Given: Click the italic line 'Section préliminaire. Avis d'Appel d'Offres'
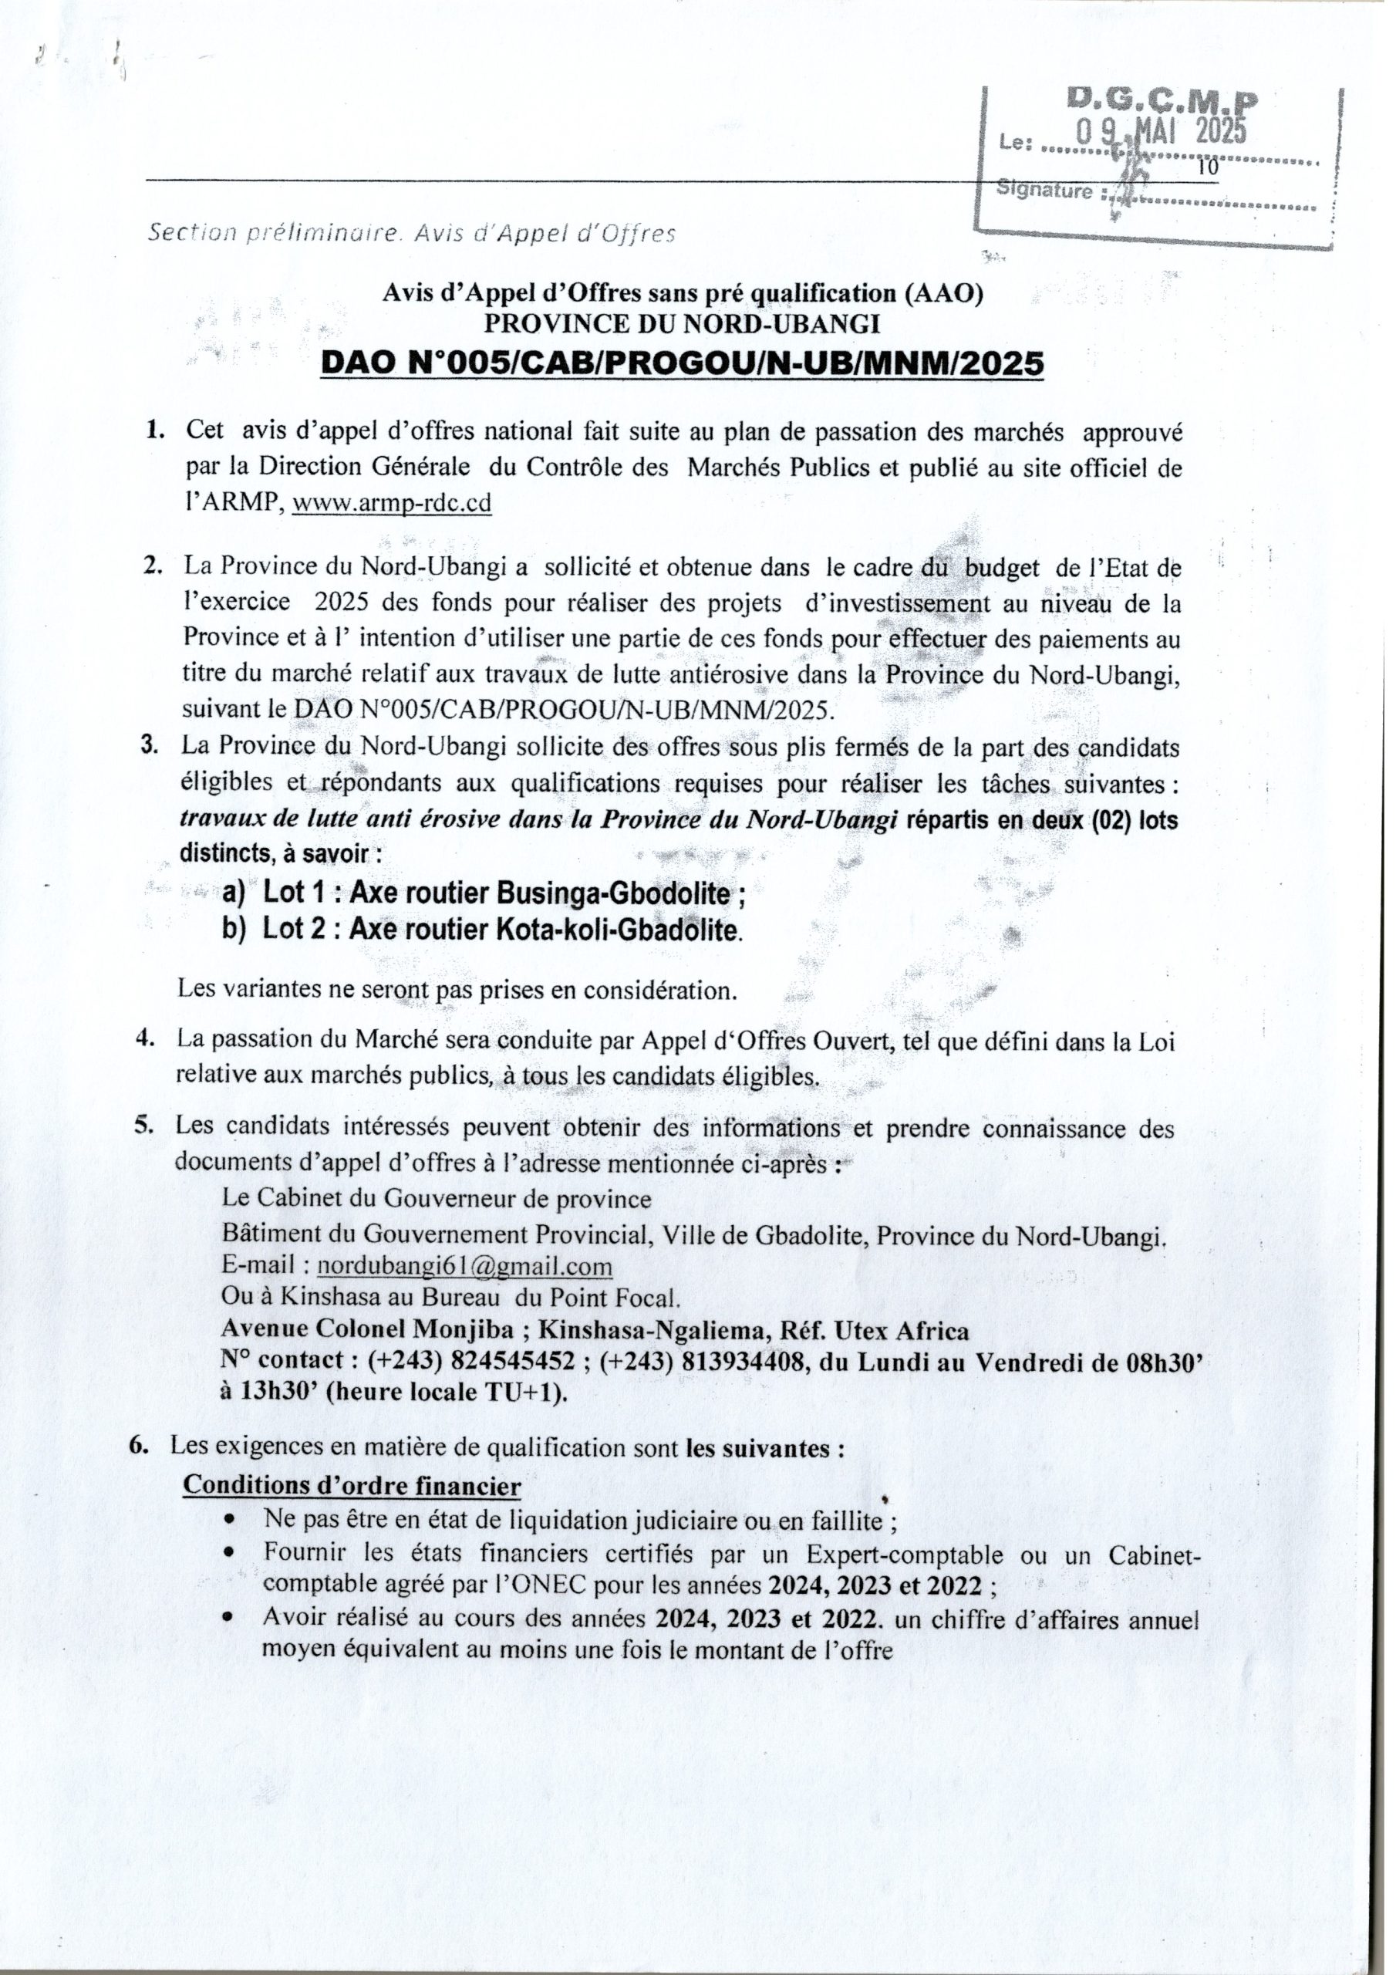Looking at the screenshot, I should (x=411, y=233).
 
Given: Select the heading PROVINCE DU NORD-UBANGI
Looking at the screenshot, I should (x=682, y=323).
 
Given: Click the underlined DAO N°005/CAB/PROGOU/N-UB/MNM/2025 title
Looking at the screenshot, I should (x=682, y=364).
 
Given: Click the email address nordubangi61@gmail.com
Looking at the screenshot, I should (x=464, y=1266).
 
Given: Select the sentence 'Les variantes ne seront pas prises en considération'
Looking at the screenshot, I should (x=457, y=989).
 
